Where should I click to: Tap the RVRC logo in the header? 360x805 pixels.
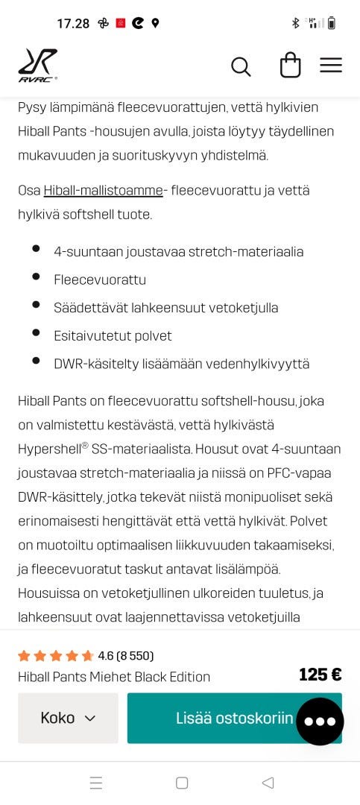coord(38,65)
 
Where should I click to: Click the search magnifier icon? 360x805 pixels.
coord(241,66)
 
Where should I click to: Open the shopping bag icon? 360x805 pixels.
coord(290,66)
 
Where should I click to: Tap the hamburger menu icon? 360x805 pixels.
coord(331,66)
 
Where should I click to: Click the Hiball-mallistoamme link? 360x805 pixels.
coord(103,190)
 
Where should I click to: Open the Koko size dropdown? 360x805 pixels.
coord(68,718)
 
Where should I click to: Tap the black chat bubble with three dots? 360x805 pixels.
coord(320,722)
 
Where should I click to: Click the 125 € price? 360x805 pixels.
coord(320,675)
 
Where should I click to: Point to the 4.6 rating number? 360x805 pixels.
coord(106,656)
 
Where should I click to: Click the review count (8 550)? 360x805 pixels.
coord(136,656)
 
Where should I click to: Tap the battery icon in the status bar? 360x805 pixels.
coord(332,23)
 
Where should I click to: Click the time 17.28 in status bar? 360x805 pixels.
coord(73,23)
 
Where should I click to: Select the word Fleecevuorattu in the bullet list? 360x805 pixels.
coord(100,280)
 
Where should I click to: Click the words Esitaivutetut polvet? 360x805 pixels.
coord(113,335)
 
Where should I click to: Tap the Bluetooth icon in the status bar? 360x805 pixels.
coord(295,23)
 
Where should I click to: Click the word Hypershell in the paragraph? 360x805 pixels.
coord(49,449)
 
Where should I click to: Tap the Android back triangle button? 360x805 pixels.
coord(268,783)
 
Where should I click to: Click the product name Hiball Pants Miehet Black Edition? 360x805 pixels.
coord(114,677)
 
